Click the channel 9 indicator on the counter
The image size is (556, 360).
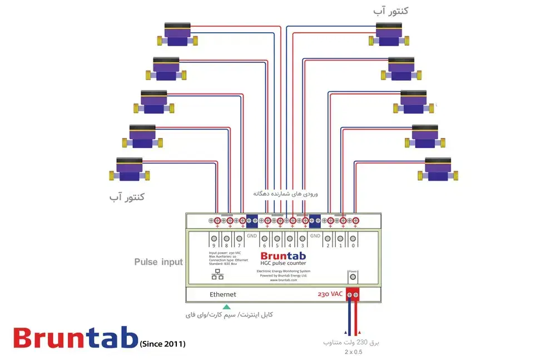point(214,241)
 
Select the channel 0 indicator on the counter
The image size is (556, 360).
point(354,241)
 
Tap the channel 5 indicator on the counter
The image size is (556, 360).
point(277,241)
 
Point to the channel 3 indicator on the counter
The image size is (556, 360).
point(302,241)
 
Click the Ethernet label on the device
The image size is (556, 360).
point(222,294)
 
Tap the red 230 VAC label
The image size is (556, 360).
point(330,294)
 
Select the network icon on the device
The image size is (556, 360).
point(217,274)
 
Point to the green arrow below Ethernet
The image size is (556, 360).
point(226,307)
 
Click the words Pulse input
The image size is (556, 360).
point(158,262)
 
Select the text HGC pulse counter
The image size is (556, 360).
point(284,263)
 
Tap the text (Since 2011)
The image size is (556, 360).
point(162,344)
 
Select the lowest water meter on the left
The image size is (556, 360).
point(130,169)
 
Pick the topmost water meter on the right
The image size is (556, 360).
point(389,34)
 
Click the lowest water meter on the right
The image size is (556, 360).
point(439,169)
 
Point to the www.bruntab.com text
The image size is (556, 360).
point(283,280)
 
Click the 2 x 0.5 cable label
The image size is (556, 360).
point(353,352)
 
